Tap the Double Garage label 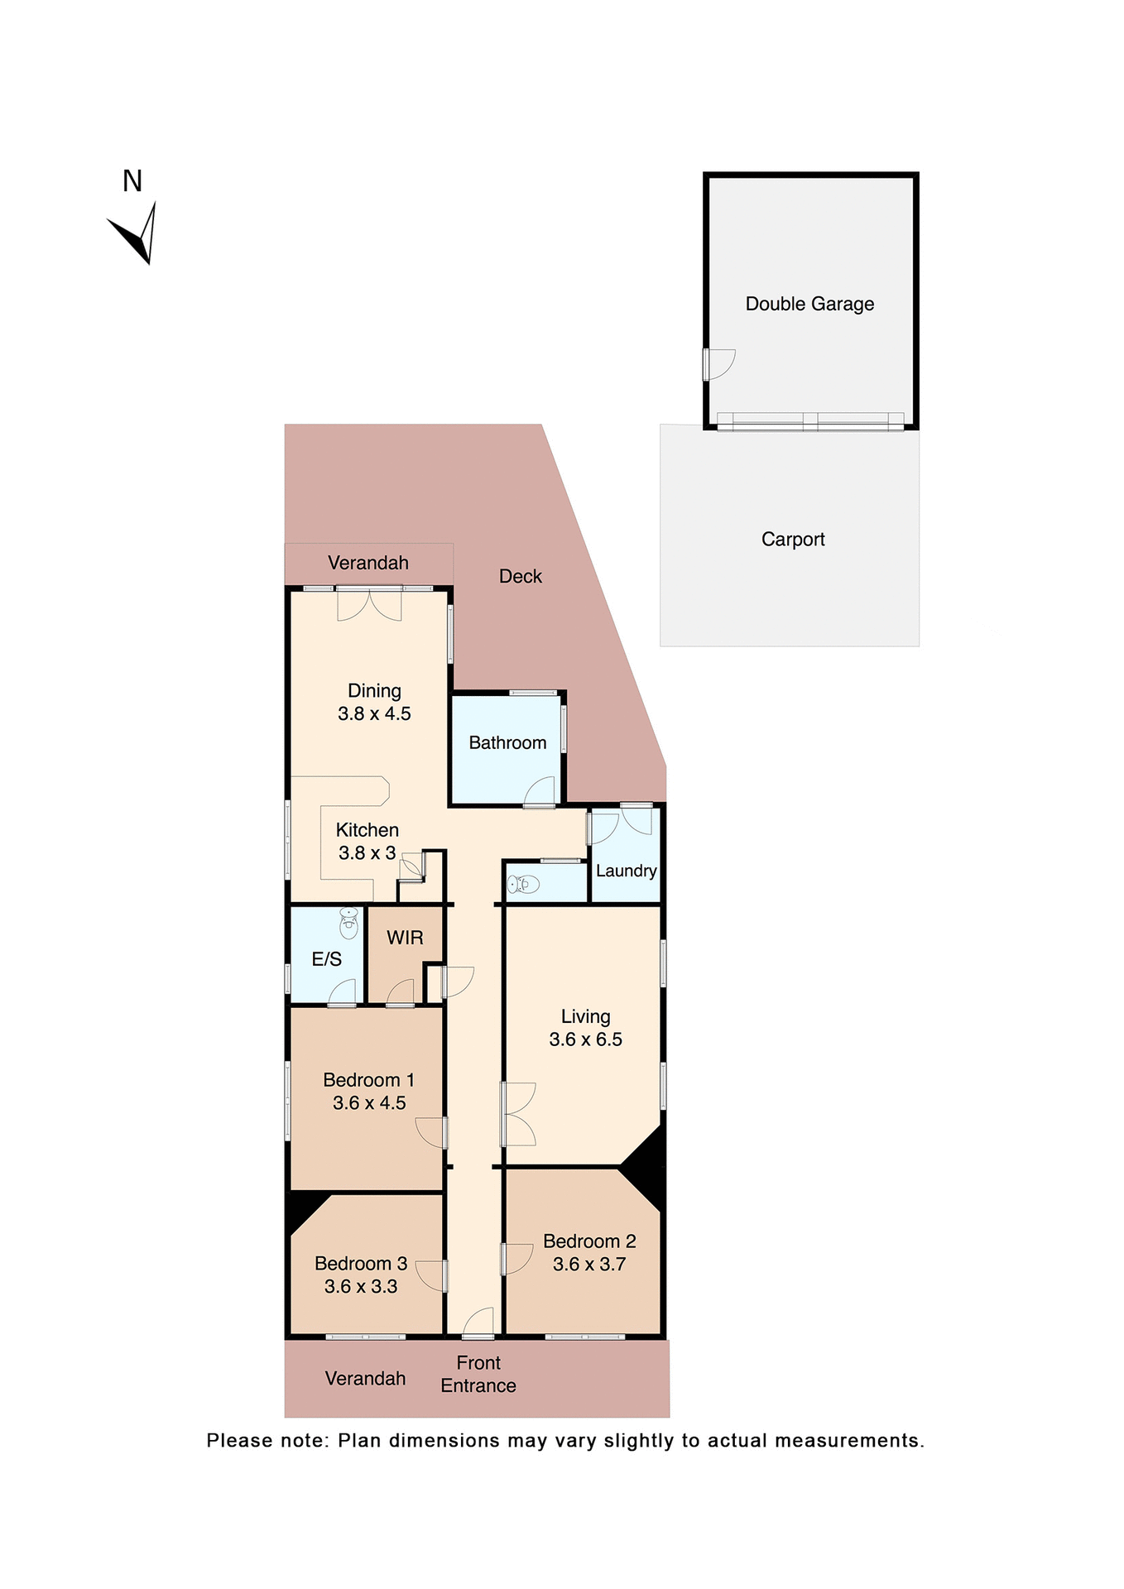click(809, 304)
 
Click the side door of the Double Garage click(719, 364)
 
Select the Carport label click(792, 540)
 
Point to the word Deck click(520, 577)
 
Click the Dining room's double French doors click(369, 604)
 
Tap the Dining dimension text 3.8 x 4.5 click(374, 713)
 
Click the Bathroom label click(507, 743)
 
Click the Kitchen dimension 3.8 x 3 click(367, 853)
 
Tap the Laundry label click(626, 871)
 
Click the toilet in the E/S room click(349, 923)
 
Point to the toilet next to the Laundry click(524, 885)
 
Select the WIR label click(405, 938)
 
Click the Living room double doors click(520, 1114)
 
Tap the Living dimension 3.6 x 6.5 click(585, 1039)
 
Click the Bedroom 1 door click(431, 1132)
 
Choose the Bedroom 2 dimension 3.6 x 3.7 click(588, 1264)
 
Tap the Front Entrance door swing click(479, 1322)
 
